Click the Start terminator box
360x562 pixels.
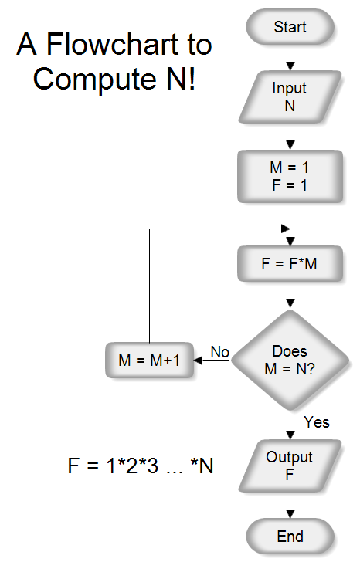[290, 28]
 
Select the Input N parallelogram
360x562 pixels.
[290, 97]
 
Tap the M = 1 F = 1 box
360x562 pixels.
[290, 177]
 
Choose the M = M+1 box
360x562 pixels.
[149, 361]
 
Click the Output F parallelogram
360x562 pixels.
[290, 466]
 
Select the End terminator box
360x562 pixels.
[290, 537]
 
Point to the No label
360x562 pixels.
[220, 352]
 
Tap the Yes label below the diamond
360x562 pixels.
[317, 421]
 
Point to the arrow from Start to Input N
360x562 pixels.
[290, 56]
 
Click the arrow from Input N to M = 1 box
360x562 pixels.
[290, 135]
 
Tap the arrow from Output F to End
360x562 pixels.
[290, 505]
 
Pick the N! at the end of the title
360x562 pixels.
[182, 78]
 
